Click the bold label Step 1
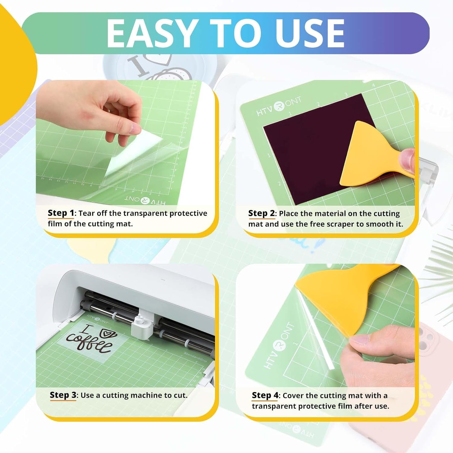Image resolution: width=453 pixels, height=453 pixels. click(x=61, y=213)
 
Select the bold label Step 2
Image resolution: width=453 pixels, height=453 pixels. click(x=261, y=213)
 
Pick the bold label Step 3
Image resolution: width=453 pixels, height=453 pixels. click(x=63, y=395)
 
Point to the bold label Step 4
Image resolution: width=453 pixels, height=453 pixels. click(x=265, y=395)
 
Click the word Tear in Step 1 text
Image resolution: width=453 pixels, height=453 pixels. click(x=87, y=213)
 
